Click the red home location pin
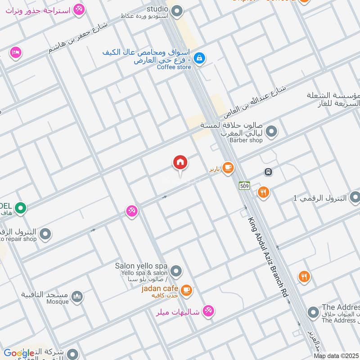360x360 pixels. [x=180, y=163]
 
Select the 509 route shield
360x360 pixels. [x=244, y=185]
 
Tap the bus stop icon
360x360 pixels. [x=268, y=172]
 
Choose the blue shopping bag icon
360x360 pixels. [x=200, y=58]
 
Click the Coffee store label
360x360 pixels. [x=174, y=67]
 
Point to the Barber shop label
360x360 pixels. [x=246, y=140]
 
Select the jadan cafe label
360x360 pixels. [x=160, y=288]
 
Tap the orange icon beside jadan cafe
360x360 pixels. [x=187, y=290]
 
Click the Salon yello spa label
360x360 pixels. [x=141, y=265]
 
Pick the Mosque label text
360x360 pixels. [x=57, y=302]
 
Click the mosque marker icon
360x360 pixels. [x=77, y=297]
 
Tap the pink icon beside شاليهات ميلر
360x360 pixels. [x=208, y=310]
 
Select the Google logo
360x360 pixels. [x=19, y=353]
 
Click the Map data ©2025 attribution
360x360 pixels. [x=337, y=356]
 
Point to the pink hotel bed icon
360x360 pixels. [x=16, y=53]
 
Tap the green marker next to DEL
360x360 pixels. [x=20, y=208]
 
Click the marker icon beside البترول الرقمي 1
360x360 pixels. [x=355, y=197]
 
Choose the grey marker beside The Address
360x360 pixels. [x=313, y=312]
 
